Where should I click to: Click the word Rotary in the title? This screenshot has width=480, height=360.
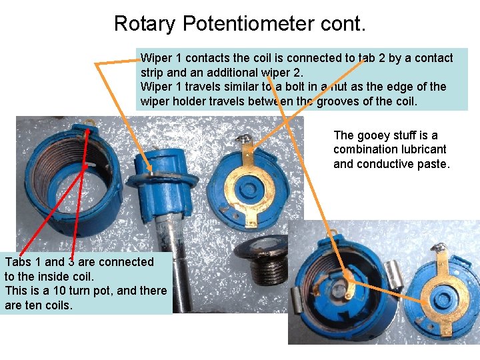145,24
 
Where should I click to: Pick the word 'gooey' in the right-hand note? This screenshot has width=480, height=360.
374,135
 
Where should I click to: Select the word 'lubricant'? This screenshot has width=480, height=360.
419,149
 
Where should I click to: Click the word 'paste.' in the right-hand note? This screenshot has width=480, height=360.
434,163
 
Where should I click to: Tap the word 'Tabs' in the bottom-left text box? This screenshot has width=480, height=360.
18,262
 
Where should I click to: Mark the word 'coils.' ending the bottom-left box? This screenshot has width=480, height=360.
55,305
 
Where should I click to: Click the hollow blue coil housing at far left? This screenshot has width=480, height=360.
57,180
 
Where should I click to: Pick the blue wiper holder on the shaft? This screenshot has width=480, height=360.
160,173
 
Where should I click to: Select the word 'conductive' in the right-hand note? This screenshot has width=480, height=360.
386,163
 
